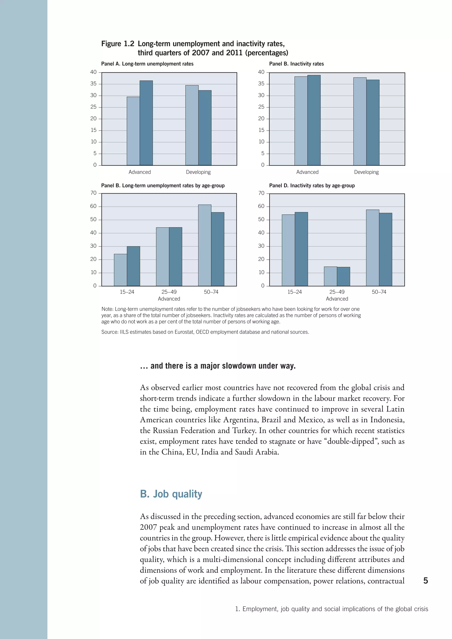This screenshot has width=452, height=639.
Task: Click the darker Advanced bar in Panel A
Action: click(x=146, y=123)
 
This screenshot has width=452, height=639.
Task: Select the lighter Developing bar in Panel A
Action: click(x=192, y=125)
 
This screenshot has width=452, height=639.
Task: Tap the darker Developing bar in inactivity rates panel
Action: click(x=373, y=122)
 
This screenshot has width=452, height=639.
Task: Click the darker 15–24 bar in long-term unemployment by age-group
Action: click(x=133, y=266)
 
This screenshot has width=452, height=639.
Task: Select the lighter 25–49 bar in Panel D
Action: click(x=330, y=276)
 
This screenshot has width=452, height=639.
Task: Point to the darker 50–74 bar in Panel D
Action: click(x=386, y=249)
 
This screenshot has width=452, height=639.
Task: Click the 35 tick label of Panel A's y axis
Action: click(x=94, y=84)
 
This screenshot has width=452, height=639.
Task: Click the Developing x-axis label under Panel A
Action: click(x=198, y=172)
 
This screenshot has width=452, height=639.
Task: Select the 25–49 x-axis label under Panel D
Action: click(x=337, y=292)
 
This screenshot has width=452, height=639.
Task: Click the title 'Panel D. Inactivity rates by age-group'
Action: click(x=312, y=186)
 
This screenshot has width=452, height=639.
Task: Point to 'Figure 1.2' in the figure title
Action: click(x=117, y=44)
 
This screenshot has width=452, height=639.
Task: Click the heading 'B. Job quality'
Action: click(x=171, y=494)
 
